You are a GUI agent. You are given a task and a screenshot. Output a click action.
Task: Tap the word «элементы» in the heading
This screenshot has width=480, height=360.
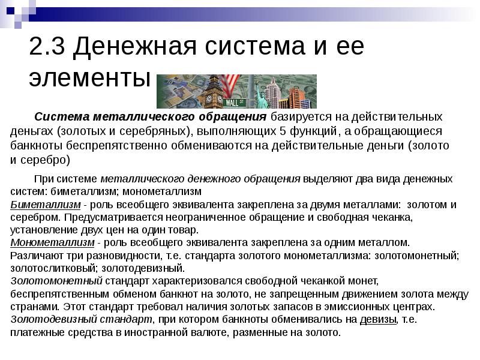pos(89,78)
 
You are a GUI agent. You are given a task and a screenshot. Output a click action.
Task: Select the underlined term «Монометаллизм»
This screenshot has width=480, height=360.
pos(53,242)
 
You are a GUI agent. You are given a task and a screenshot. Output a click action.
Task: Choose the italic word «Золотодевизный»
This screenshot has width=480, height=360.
pos(58,319)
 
